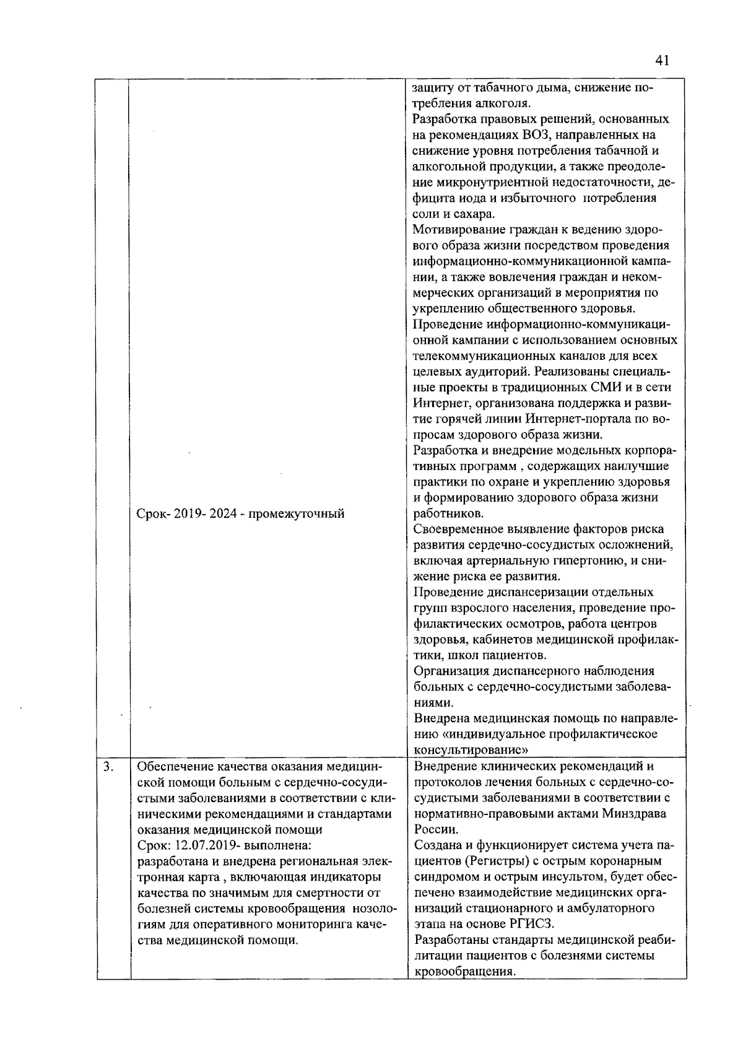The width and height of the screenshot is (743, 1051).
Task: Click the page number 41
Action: tap(661, 61)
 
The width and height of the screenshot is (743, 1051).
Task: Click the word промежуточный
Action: tap(296, 514)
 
